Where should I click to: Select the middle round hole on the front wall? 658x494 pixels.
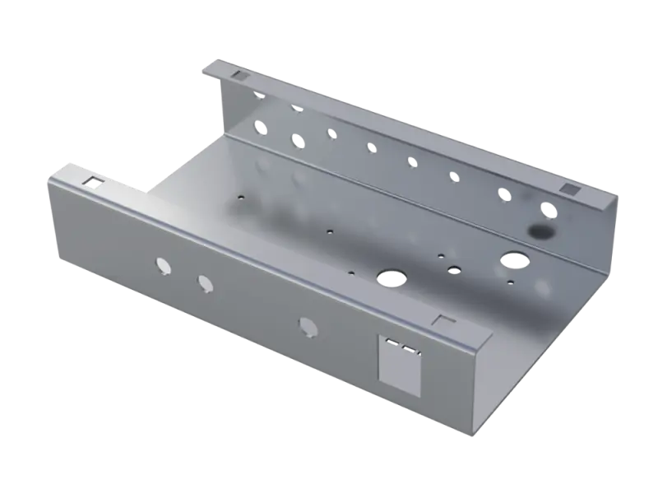point(205,283)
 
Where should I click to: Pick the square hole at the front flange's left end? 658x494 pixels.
point(94,180)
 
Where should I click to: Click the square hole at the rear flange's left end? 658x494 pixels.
point(239,75)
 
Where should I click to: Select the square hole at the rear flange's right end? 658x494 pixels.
point(567,190)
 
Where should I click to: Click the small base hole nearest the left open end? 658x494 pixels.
point(240,197)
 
